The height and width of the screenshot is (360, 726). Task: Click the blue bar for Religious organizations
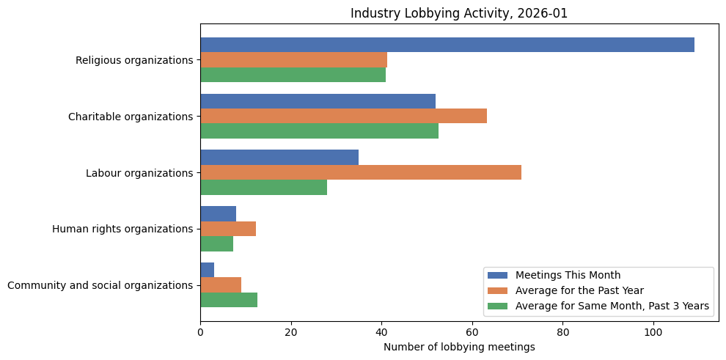[x=447, y=45]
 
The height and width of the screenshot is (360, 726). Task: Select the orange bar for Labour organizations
[x=361, y=172]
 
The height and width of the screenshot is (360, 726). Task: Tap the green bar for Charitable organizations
[x=319, y=131]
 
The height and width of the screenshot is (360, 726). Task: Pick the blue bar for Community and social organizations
[x=207, y=270]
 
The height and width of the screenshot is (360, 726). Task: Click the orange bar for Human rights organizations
[x=228, y=229]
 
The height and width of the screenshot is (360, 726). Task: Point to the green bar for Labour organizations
[x=263, y=187]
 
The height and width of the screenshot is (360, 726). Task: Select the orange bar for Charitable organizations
[x=343, y=116]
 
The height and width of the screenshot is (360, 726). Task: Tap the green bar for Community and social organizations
[x=229, y=299]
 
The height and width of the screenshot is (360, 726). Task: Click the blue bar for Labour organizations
[x=279, y=158]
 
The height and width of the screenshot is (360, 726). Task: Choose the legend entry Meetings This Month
[x=568, y=275]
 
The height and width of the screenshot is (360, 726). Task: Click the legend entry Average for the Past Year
[x=579, y=290]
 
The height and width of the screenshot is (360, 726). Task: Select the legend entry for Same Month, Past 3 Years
[x=612, y=306]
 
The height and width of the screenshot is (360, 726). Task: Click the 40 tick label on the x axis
[x=381, y=331]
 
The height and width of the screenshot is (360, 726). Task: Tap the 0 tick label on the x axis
[x=200, y=331]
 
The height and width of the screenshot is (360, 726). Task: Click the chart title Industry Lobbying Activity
[x=459, y=13]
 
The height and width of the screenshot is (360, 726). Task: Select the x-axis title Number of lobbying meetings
[x=459, y=347]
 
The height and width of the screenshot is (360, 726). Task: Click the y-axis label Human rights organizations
[x=122, y=229]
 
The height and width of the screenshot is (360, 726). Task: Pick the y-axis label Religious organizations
[x=134, y=60]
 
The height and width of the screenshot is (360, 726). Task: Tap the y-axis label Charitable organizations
[x=131, y=117]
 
